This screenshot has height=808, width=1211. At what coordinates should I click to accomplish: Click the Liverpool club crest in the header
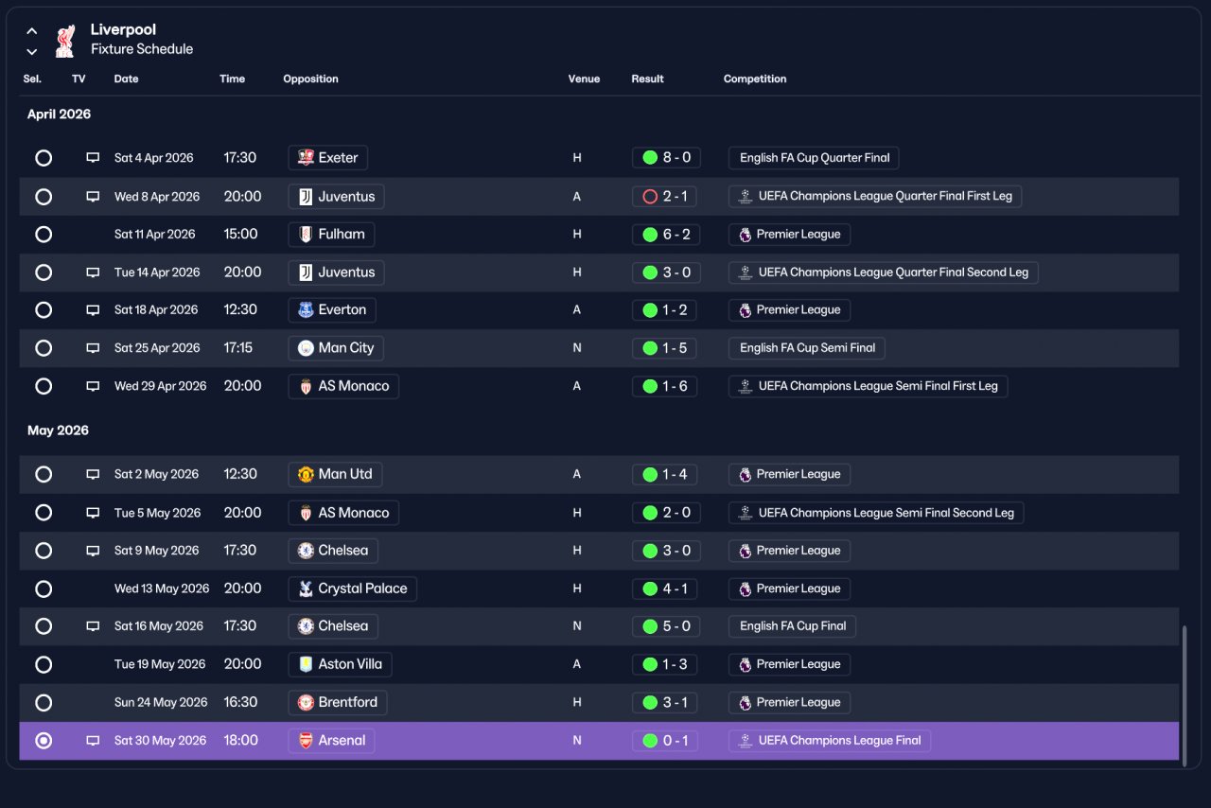[65, 41]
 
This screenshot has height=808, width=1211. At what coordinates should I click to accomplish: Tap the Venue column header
[584, 79]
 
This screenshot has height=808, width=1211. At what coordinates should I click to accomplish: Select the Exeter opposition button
[327, 158]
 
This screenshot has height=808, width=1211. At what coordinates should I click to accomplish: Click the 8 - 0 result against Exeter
[666, 158]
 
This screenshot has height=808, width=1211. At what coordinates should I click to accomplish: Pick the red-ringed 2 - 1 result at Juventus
[664, 196]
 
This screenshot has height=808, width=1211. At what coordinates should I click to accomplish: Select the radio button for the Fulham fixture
[44, 235]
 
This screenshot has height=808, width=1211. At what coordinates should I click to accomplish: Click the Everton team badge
[306, 310]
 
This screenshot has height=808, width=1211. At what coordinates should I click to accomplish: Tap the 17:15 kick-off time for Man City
[237, 348]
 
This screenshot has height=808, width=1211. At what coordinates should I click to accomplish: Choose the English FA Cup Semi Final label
[807, 348]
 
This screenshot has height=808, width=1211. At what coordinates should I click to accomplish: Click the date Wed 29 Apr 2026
[160, 386]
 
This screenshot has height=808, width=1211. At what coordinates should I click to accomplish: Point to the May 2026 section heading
[58, 430]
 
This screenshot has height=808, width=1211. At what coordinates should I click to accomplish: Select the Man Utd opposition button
[335, 474]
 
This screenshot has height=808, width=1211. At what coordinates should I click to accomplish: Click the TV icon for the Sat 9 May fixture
[93, 551]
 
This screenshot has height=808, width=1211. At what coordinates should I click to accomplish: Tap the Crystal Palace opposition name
[362, 588]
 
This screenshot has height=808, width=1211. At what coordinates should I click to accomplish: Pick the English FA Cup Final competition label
[792, 626]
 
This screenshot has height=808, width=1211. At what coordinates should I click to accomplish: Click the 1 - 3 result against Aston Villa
[664, 664]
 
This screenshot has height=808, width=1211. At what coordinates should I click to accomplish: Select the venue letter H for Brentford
[577, 703]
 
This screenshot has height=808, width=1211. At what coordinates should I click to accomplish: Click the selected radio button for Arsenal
[44, 741]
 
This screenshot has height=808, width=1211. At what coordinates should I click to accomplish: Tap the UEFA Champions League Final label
[830, 741]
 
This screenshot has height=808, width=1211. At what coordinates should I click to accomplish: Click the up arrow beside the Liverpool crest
[32, 31]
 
